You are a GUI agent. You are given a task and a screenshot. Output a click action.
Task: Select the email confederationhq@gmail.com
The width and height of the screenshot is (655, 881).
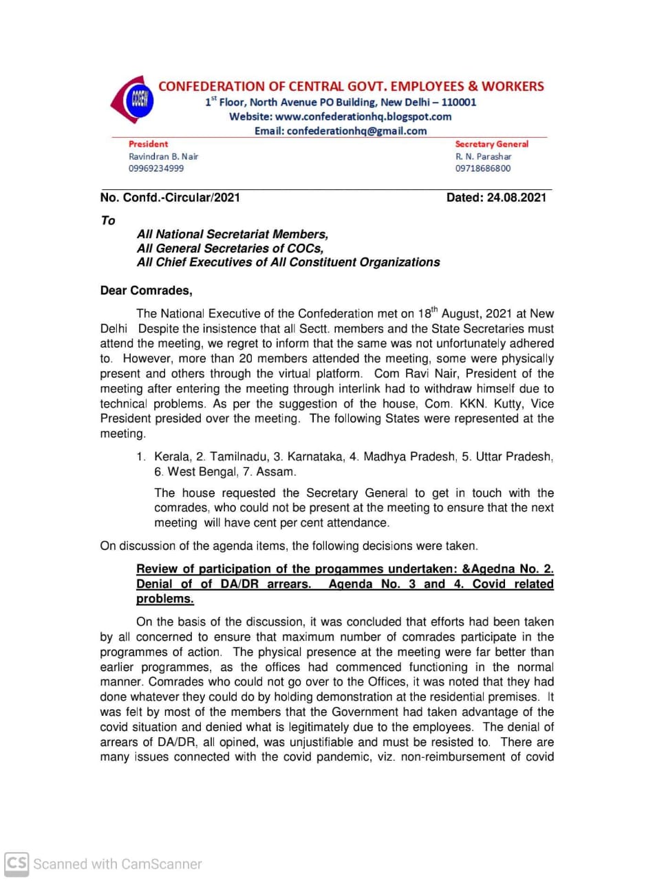point(356,131)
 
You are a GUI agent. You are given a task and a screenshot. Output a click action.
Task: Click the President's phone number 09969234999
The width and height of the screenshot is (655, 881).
point(156,169)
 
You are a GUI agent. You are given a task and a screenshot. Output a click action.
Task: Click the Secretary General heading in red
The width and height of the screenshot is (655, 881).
point(491,144)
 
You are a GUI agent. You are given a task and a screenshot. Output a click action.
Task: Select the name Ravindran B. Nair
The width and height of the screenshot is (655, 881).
point(163,156)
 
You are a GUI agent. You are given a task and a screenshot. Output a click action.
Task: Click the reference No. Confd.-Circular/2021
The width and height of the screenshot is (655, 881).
point(170,198)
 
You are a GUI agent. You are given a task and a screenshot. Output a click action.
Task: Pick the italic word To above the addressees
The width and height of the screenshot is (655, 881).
point(108,220)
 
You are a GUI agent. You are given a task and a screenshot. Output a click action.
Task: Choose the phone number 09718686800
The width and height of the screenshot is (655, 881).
point(483,169)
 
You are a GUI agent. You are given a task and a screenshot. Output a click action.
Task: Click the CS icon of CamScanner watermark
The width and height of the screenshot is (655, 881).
point(17,863)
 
